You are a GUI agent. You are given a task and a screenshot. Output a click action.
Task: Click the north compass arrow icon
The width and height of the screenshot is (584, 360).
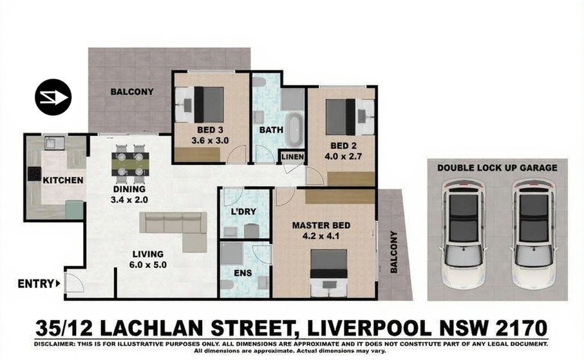[53, 97]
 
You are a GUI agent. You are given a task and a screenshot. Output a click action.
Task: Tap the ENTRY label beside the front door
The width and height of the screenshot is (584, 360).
[36, 283]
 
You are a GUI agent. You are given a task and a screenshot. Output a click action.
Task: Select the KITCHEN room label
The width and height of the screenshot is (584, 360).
[63, 180]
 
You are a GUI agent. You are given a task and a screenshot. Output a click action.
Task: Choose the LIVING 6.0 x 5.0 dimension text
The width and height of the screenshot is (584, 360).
[148, 260]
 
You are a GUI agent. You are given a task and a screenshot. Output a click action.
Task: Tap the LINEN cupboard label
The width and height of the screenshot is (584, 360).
[293, 157]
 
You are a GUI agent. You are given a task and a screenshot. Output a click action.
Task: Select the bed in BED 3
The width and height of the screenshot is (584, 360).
[200, 104]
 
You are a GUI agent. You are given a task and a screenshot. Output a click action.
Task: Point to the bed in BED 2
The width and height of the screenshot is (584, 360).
[350, 117]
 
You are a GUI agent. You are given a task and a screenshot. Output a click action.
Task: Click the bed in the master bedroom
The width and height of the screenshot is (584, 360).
[329, 273]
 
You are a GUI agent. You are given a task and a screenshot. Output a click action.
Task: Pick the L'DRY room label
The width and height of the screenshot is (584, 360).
[243, 212]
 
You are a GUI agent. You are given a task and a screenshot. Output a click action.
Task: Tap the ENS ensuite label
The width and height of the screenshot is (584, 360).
[243, 273]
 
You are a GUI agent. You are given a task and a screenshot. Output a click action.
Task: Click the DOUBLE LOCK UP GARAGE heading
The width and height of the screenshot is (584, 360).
[497, 167]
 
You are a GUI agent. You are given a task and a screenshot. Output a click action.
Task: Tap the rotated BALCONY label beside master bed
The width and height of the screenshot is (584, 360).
[393, 252]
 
